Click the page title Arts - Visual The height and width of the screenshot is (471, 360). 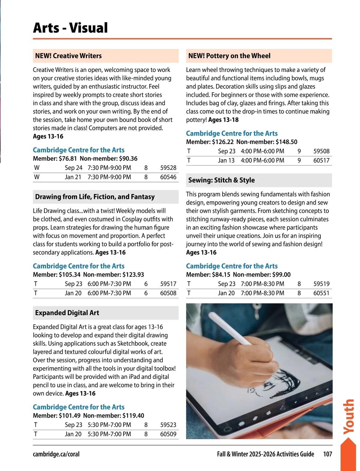(70, 28)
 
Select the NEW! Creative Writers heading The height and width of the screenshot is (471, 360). (68, 56)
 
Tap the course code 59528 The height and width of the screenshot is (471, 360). (168, 168)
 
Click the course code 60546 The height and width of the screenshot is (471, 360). (168, 177)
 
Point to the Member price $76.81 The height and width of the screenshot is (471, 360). (68, 158)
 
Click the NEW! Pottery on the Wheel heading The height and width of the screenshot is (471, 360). (229, 56)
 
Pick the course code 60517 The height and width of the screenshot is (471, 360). (321, 160)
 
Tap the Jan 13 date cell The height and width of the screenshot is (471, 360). (226, 160)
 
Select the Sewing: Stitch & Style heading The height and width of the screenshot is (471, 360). (221, 180)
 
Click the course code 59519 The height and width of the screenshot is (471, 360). (321, 284)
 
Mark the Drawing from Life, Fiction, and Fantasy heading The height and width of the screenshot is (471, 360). (95, 197)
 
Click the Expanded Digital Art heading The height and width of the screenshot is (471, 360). (67, 313)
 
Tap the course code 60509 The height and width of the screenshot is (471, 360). (168, 434)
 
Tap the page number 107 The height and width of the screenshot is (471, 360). (327, 454)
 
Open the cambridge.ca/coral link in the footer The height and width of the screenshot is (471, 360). (56, 454)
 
